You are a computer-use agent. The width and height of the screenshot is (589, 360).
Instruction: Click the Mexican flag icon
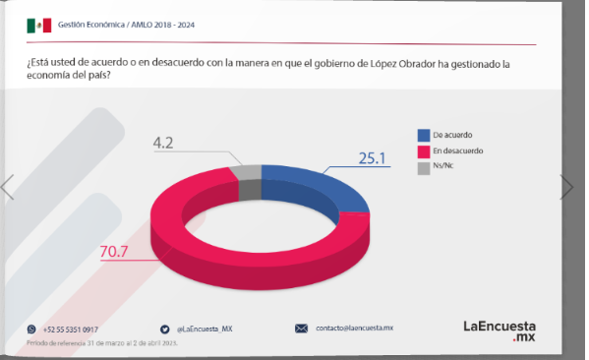38,25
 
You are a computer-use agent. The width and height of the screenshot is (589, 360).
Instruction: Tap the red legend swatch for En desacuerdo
424,151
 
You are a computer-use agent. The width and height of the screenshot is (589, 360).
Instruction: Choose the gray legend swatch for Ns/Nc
424,167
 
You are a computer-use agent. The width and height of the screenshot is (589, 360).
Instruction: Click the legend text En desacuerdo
458,151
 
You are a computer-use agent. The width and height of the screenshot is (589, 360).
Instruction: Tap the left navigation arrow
8,187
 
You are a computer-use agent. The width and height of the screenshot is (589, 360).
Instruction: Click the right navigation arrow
566,187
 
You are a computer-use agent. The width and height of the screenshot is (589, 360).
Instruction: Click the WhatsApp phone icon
31,329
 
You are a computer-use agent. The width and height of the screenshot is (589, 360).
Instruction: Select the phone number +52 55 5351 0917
71,329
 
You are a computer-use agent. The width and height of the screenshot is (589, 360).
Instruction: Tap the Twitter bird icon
165,329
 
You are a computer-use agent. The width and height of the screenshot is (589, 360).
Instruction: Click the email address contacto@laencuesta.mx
354,328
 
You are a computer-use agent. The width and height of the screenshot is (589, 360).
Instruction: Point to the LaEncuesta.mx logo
506,330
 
